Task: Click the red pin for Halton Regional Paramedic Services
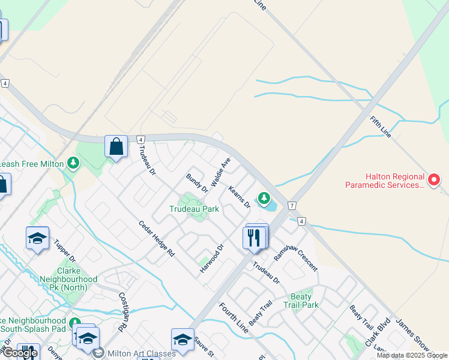(434, 179)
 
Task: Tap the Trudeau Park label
(194, 209)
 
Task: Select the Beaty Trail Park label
(301, 301)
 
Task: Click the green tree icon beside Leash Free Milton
(73, 163)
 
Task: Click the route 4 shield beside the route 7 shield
(301, 221)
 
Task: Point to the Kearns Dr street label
(239, 197)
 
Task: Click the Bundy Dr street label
(197, 184)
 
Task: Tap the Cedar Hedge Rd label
(156, 239)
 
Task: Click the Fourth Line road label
(233, 318)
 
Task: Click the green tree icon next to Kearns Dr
(263, 197)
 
